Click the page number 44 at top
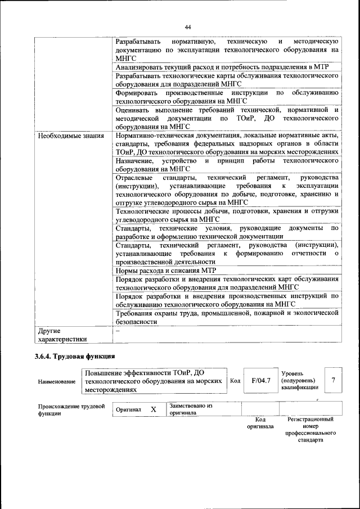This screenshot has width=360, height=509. coord(188,27)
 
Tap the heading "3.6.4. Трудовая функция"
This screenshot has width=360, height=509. coord(75,356)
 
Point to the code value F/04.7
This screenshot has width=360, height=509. coord(261,380)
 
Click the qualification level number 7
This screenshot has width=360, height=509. coord(334,380)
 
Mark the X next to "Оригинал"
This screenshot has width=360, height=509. coord(153,410)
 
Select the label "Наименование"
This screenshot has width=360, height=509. coord(57,381)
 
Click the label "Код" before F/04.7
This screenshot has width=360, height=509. coord(236,381)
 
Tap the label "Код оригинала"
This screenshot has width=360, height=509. coord(260,423)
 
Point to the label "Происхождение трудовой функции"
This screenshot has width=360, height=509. coord(71,409)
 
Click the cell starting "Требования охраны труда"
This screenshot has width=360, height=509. coord(226,318)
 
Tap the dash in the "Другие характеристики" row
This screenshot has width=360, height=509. coord(118,331)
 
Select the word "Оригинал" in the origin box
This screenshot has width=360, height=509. coord(128,410)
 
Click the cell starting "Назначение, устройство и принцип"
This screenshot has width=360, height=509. coord(226,164)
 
